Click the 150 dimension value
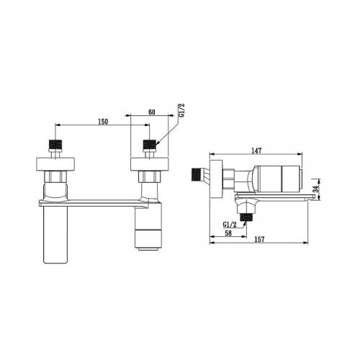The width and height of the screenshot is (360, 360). (x=103, y=122)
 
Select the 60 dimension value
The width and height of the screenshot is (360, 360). (x=152, y=112)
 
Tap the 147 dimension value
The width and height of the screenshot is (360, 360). (x=256, y=150)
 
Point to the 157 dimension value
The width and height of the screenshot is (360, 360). (x=259, y=239)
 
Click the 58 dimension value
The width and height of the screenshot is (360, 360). (x=228, y=233)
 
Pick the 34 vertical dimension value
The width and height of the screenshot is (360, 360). (x=316, y=189)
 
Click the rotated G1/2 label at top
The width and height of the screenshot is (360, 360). (x=181, y=110)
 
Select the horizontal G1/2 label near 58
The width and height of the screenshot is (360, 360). (x=230, y=225)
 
